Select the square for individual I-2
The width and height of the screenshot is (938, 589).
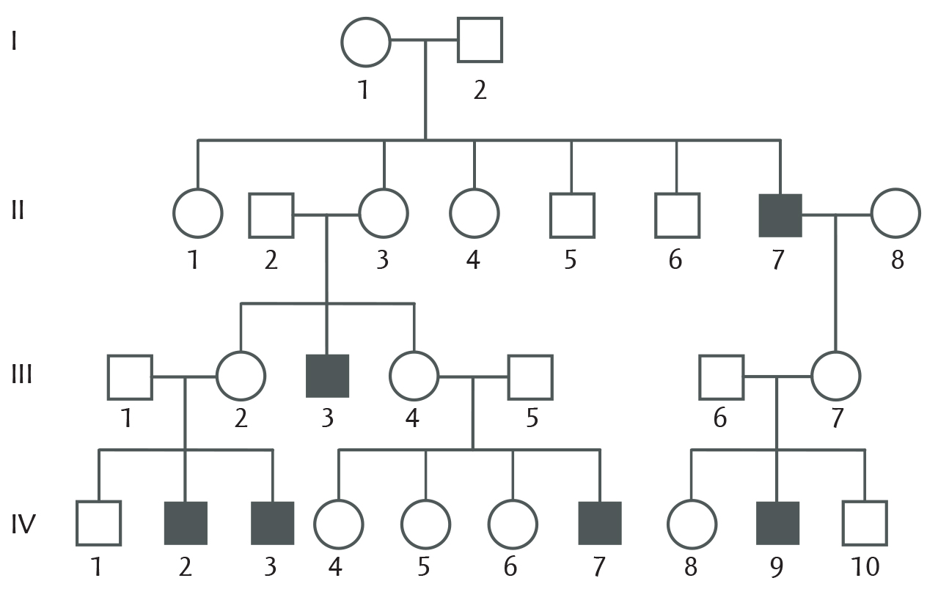click(x=480, y=18)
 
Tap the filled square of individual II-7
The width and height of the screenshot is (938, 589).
click(x=780, y=215)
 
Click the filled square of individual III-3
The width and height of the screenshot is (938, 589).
click(x=328, y=376)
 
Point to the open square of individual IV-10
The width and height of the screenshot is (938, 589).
click(x=865, y=503)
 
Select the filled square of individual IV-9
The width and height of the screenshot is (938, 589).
click(x=777, y=523)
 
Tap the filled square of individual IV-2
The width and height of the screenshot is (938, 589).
click(x=186, y=523)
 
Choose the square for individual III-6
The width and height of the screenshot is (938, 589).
click(x=722, y=357)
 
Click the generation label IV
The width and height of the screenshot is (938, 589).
click(x=23, y=524)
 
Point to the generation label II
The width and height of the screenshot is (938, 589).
click(x=18, y=210)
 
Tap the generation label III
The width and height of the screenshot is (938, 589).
click(x=22, y=374)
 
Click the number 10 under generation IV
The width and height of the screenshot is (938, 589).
click(x=865, y=567)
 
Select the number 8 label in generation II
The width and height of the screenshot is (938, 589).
click(x=897, y=260)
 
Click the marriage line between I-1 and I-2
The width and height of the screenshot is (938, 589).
click(x=424, y=40)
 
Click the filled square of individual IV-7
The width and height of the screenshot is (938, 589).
click(x=600, y=523)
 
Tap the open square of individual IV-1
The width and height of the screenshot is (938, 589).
click(x=99, y=503)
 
